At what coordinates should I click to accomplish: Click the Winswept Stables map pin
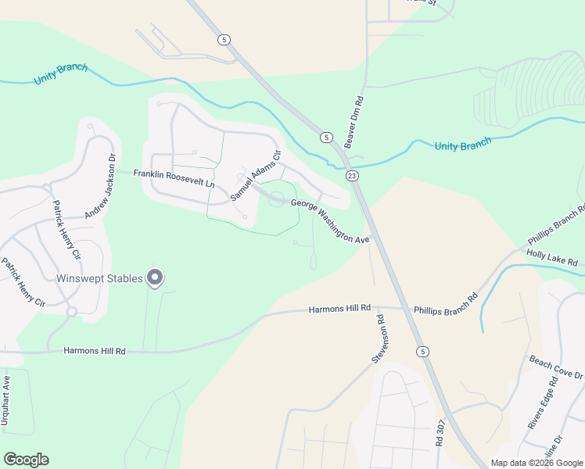(x=155, y=277)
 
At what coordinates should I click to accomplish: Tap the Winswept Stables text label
(x=99, y=278)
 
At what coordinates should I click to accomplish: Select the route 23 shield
(x=353, y=176)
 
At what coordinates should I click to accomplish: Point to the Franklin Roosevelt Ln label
(x=174, y=177)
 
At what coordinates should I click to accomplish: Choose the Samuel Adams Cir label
(x=255, y=174)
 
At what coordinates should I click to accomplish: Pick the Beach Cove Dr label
(x=556, y=369)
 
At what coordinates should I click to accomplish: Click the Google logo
(x=26, y=460)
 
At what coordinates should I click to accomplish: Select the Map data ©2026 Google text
(x=536, y=463)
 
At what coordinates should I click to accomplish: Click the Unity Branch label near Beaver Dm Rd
(x=463, y=145)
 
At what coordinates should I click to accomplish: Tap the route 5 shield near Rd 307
(x=422, y=351)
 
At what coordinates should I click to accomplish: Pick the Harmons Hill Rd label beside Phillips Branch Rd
(x=339, y=310)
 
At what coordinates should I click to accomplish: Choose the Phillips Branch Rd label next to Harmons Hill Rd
(x=446, y=304)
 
